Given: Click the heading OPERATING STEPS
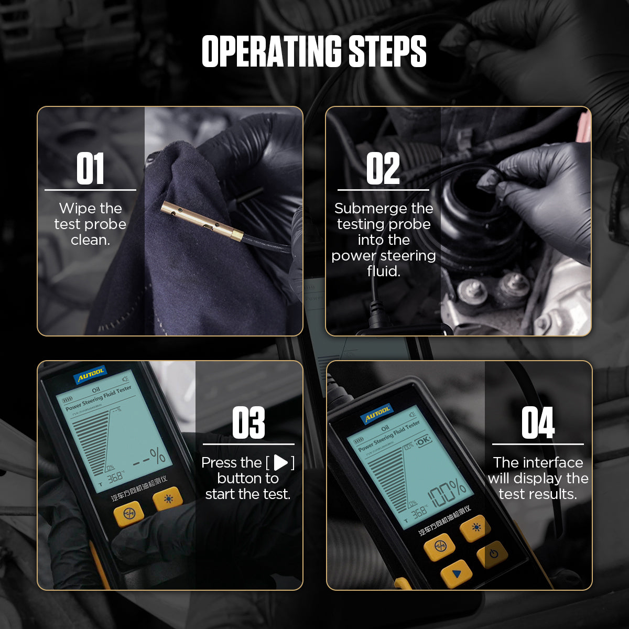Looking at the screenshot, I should (x=314, y=52).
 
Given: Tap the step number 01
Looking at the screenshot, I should (x=90, y=169).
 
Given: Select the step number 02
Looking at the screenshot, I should (x=383, y=169).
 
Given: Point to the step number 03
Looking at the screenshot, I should (x=248, y=423).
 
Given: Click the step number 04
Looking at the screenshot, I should (x=537, y=423).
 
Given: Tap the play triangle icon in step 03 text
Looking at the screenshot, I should (x=281, y=462).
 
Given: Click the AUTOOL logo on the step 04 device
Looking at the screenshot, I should (x=377, y=414).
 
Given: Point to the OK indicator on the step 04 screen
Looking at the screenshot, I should (x=422, y=440).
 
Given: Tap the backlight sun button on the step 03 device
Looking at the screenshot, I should (x=168, y=498).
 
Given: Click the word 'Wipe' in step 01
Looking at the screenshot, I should (x=76, y=209).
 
